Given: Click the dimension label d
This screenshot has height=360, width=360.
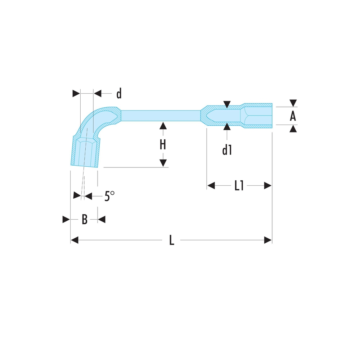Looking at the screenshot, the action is pos(119,94).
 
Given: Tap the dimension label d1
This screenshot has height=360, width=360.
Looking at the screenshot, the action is pos(227,150).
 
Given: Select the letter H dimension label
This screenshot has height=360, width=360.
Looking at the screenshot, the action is pos(163,145).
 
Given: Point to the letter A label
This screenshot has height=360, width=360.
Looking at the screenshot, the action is pos(293,116).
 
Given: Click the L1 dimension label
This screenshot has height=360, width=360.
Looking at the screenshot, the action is pos(239,185).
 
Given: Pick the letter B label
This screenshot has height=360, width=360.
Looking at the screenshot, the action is pos(85,219).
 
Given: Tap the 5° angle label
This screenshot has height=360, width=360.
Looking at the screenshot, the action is pos(109,196).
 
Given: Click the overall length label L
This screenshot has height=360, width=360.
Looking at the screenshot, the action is pos(171,240).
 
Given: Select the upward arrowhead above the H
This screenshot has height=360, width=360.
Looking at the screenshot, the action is pos(163,126).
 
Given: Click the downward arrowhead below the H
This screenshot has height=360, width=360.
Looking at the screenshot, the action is pos(163,163).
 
